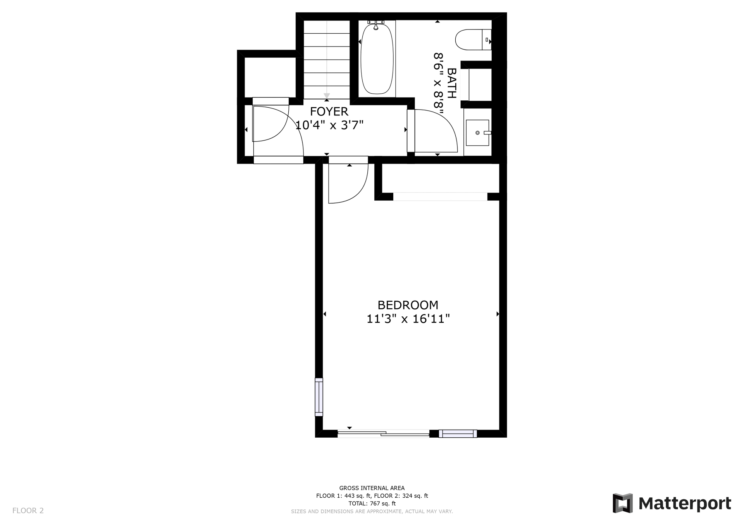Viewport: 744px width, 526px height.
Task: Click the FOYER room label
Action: click(x=329, y=112)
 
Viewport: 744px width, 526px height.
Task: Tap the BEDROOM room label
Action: click(x=408, y=305)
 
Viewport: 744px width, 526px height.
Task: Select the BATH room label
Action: click(x=452, y=83)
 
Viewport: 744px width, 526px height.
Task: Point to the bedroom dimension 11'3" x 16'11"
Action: click(x=408, y=319)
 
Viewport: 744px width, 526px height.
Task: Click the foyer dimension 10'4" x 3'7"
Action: click(x=329, y=125)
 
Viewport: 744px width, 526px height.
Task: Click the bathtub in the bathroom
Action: click(x=377, y=59)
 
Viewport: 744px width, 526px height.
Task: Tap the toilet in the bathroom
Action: click(x=473, y=40)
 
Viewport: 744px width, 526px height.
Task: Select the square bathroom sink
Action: click(x=477, y=132)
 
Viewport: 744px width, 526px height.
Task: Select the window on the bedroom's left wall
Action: click(x=319, y=397)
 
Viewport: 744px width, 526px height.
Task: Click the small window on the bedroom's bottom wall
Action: click(x=458, y=433)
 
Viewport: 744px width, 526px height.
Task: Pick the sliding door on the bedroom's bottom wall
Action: click(x=383, y=434)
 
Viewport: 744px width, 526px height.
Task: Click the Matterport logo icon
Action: click(x=622, y=503)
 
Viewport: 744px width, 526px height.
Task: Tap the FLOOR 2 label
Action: click(x=28, y=511)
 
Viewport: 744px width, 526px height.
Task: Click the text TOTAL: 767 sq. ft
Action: click(x=372, y=504)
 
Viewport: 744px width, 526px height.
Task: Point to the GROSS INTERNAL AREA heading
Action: click(x=372, y=488)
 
